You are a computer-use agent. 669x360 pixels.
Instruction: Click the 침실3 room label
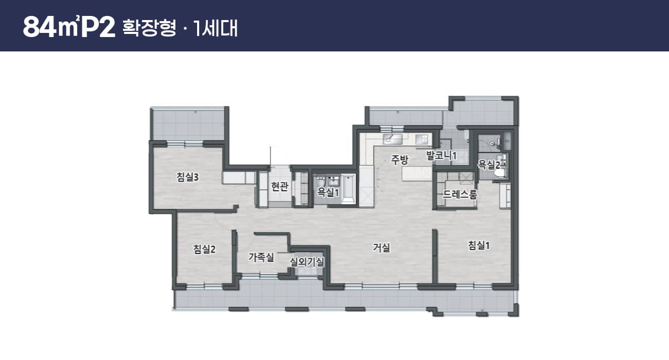(x=187, y=177)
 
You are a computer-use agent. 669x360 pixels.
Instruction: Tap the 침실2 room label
(x=204, y=249)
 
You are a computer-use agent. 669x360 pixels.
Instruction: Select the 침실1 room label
(x=479, y=245)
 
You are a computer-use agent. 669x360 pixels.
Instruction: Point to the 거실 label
(x=381, y=247)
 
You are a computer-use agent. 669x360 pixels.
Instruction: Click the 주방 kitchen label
(x=400, y=160)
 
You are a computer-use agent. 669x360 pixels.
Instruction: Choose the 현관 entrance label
(x=279, y=187)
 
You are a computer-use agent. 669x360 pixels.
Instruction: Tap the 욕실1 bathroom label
(x=328, y=192)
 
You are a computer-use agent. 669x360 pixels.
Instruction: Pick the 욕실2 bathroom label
(x=489, y=165)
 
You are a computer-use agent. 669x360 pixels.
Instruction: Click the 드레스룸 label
(x=460, y=194)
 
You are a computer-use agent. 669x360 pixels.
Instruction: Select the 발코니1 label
(x=442, y=155)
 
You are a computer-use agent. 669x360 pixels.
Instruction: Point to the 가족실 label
(x=261, y=257)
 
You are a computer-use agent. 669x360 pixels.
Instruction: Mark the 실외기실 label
(x=307, y=262)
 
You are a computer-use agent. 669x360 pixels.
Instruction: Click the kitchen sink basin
(x=393, y=139)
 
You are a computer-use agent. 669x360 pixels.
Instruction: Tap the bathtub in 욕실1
(x=348, y=189)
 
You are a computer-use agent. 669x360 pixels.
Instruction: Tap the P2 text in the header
(x=98, y=27)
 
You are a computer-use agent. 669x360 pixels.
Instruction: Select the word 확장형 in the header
(x=149, y=28)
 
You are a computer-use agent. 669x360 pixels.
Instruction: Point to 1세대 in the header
(x=216, y=28)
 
